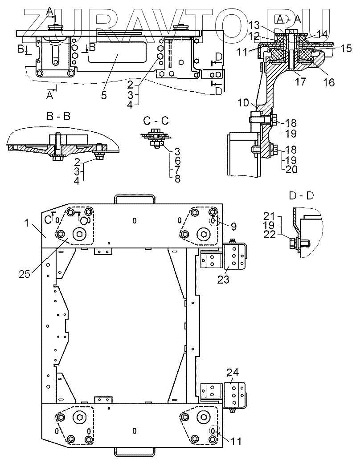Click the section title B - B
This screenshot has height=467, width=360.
(58, 116)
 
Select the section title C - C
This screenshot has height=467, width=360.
(156, 121)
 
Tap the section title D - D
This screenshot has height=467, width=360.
(301, 196)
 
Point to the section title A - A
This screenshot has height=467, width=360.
(289, 19)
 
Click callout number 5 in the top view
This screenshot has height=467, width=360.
(104, 95)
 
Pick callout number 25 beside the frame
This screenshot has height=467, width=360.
(25, 274)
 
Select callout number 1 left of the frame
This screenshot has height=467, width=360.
(27, 223)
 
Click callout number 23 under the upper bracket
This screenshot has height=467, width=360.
(223, 280)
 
